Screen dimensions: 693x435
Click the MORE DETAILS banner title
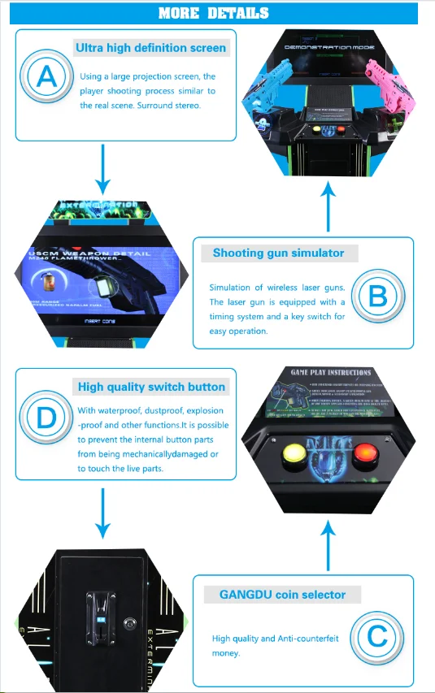click(213, 13)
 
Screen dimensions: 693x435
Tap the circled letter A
click(47, 76)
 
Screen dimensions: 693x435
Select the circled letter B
click(377, 295)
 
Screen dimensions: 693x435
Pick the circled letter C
click(377, 636)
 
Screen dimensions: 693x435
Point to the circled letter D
click(47, 419)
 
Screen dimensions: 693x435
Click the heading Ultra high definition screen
click(150, 48)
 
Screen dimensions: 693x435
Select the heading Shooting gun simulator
click(278, 253)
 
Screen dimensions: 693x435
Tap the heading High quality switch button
click(151, 387)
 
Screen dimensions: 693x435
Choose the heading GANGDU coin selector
click(282, 595)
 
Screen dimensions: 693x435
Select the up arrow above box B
click(328, 207)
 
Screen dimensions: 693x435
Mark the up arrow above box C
click(328, 546)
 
